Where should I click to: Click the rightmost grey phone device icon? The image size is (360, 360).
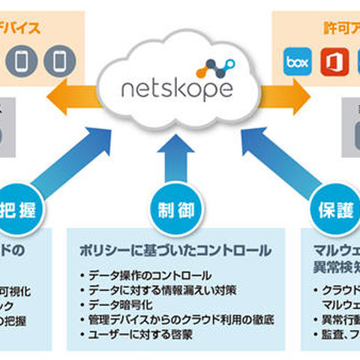(58, 60)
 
